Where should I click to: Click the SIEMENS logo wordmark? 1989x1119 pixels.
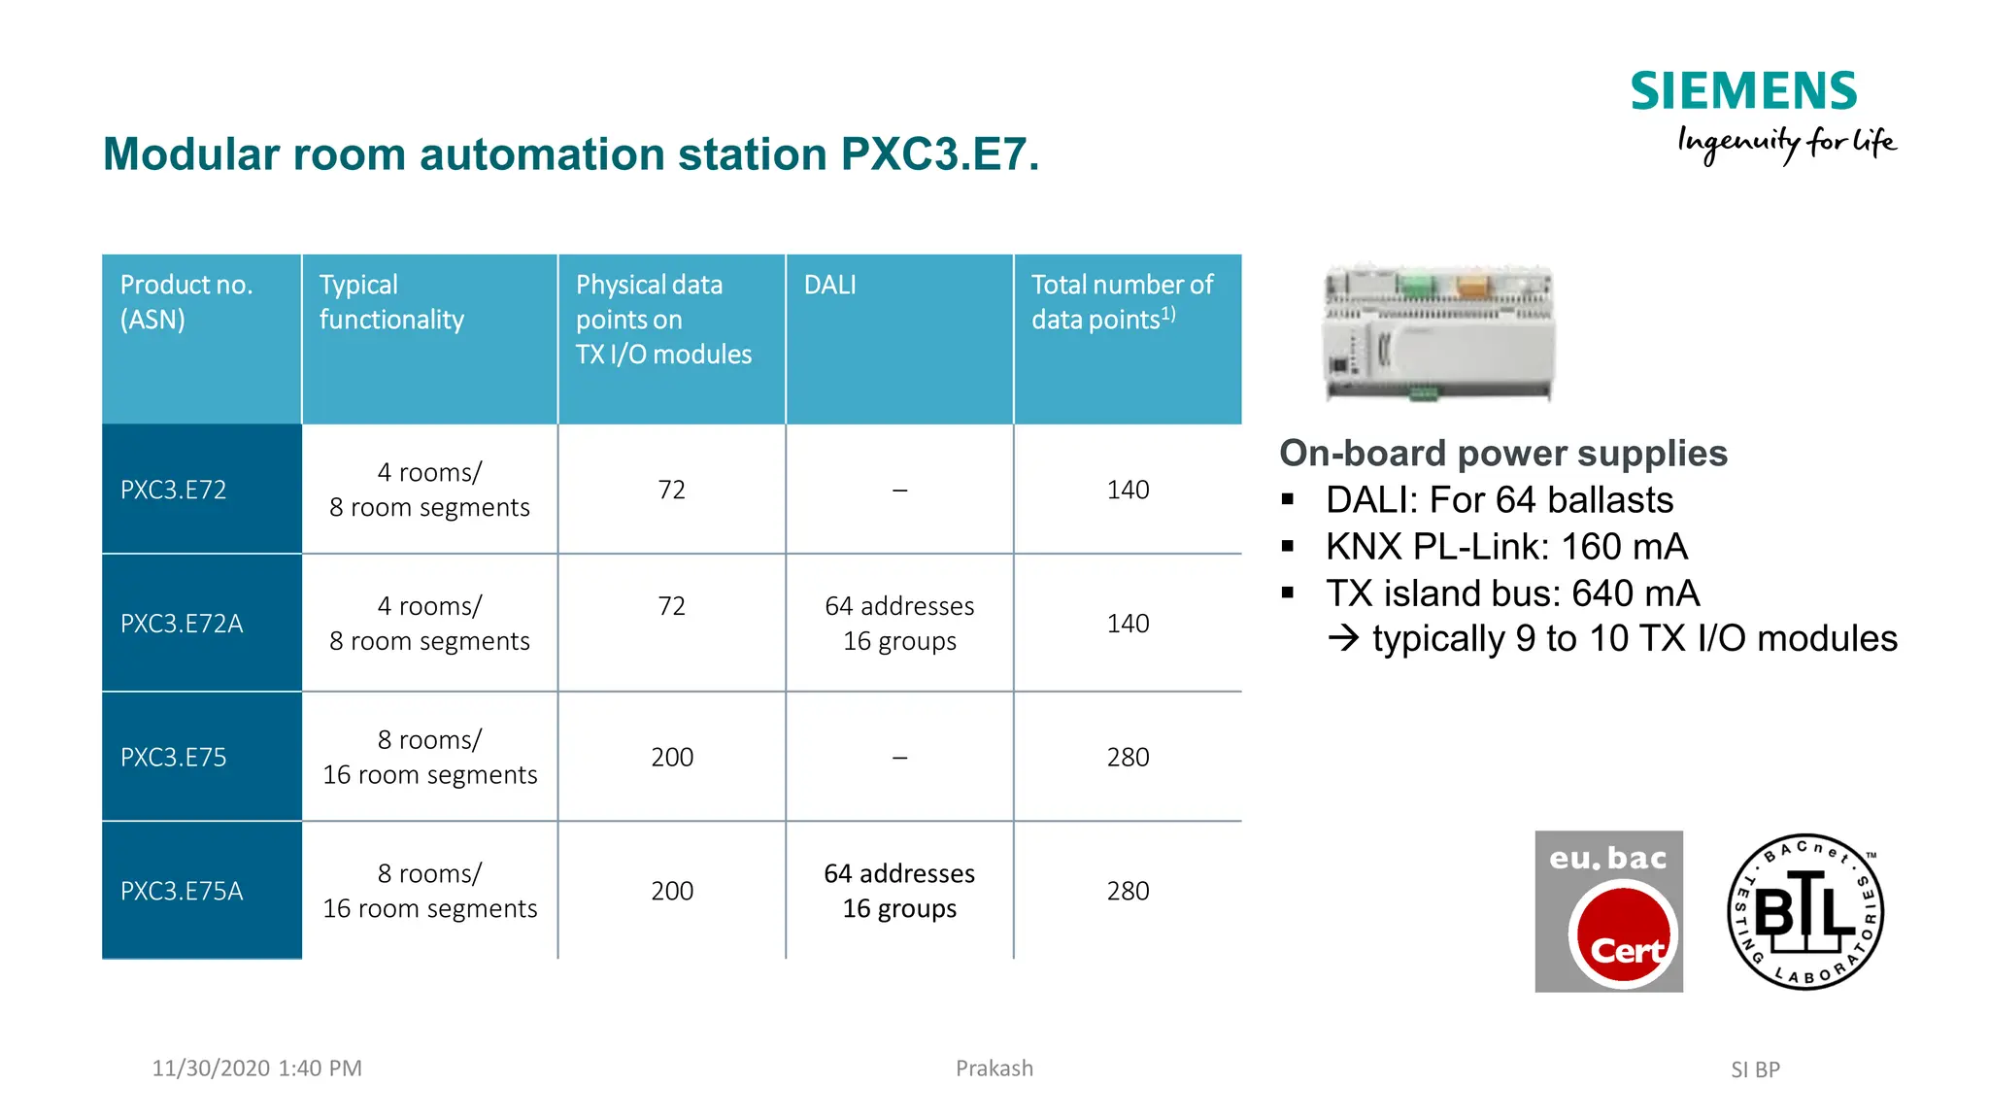tap(1742, 92)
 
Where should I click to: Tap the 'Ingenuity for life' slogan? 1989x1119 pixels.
tap(1786, 144)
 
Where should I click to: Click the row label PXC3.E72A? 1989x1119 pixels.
tap(182, 624)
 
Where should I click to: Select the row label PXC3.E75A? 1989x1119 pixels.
tap(182, 891)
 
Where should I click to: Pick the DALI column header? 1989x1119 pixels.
tap(830, 285)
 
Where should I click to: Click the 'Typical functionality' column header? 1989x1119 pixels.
tap(391, 302)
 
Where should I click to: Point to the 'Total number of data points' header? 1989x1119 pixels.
tap(1122, 302)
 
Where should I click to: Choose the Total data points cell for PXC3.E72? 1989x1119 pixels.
tap(1128, 490)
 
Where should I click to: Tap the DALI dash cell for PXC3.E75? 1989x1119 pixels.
tap(899, 758)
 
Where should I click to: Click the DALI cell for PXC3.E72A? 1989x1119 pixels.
tap(899, 624)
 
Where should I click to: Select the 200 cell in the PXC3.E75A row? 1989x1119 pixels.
tap(672, 891)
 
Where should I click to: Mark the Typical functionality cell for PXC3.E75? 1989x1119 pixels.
tap(429, 758)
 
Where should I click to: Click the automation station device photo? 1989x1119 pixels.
tap(1438, 332)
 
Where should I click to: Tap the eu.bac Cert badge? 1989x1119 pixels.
tap(1608, 911)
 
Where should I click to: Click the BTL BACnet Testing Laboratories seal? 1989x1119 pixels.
tap(1805, 911)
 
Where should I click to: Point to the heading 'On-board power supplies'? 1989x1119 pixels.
tap(1502, 454)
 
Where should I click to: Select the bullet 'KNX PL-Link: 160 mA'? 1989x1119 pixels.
tap(1506, 547)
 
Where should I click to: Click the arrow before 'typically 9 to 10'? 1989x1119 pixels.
tap(1344, 638)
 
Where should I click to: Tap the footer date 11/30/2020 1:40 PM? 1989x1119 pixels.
tap(256, 1068)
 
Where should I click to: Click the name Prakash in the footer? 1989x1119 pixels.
tap(994, 1068)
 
